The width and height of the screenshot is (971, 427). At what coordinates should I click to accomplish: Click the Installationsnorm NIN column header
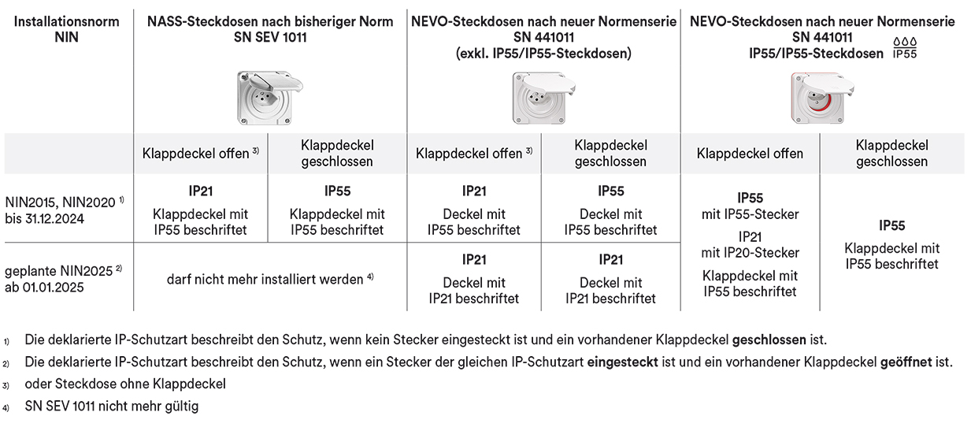click(x=67, y=29)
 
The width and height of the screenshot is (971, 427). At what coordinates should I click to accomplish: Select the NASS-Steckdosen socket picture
click(x=269, y=97)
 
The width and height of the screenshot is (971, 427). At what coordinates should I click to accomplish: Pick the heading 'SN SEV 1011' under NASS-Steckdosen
click(x=270, y=37)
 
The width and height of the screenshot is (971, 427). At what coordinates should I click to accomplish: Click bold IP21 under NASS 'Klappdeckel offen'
click(x=200, y=191)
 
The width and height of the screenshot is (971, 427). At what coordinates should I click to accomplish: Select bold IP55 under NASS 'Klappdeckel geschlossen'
click(x=337, y=191)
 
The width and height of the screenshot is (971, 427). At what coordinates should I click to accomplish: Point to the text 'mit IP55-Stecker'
click(x=750, y=214)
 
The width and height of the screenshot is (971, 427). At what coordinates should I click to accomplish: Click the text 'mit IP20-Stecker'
click(x=750, y=253)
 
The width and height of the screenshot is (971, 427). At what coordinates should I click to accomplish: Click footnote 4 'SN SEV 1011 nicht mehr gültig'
click(x=112, y=407)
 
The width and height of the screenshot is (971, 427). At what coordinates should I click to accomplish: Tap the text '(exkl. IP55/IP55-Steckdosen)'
click(x=543, y=53)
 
